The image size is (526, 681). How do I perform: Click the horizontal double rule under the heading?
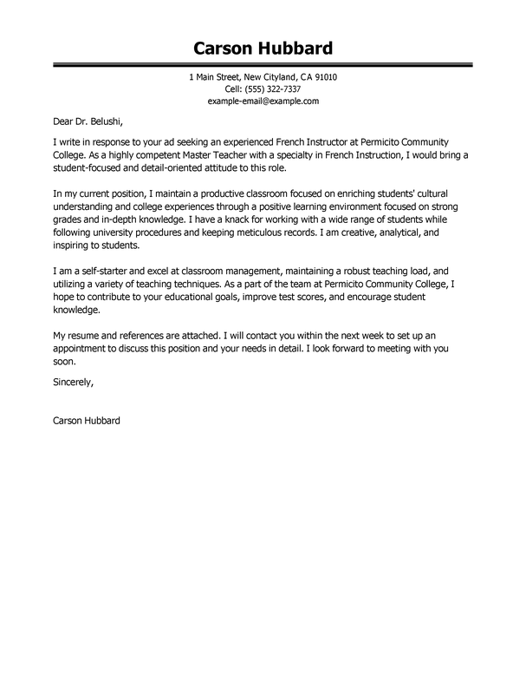pyautogui.click(x=263, y=64)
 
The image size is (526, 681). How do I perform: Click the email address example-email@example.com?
pyautogui.click(x=263, y=101)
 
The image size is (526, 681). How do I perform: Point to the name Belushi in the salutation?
pyautogui.click(x=88, y=125)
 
